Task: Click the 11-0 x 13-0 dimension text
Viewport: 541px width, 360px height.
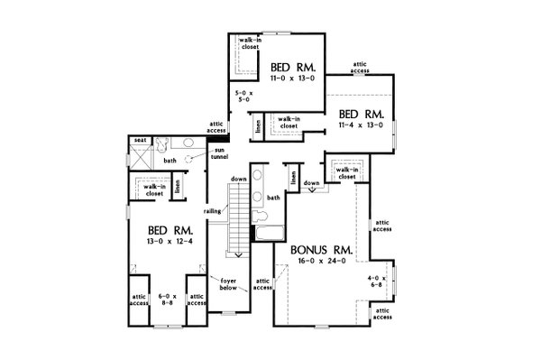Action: (293, 78)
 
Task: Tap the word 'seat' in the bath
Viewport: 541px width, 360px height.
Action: (140, 142)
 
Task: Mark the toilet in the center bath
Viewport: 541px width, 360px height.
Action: (261, 215)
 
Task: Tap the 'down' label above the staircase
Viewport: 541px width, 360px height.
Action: (238, 179)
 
